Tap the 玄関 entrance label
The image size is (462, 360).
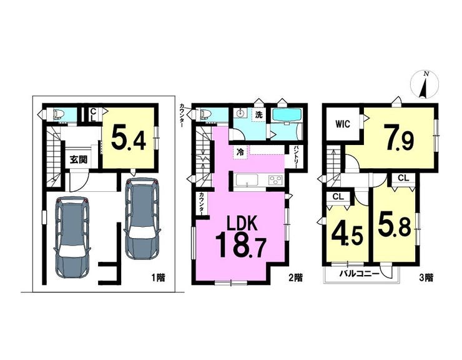[79, 159]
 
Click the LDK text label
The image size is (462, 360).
[242, 224]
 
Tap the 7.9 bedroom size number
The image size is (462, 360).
[399, 139]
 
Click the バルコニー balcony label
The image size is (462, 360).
[358, 274]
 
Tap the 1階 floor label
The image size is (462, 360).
[158, 277]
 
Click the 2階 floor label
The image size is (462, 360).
[295, 277]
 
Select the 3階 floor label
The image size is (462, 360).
[426, 277]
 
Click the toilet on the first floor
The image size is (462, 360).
[58, 114]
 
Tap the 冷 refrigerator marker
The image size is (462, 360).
[241, 153]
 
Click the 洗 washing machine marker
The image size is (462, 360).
[258, 115]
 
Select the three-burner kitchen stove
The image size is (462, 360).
[275, 180]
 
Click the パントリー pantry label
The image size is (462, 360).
[295, 157]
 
